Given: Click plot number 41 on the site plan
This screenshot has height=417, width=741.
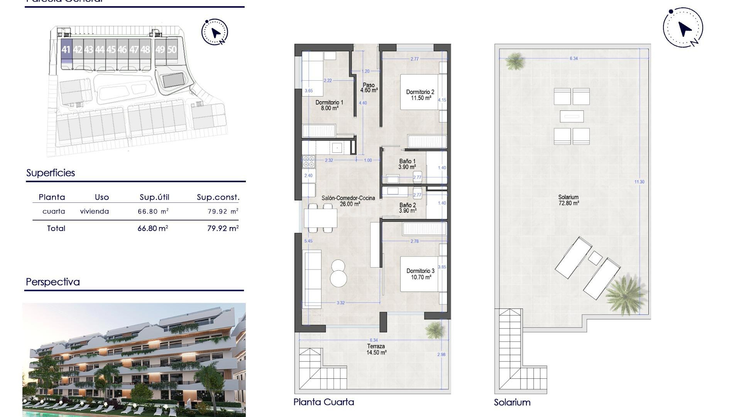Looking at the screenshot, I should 66,50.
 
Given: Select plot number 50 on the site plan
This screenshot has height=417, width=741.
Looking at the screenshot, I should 172,50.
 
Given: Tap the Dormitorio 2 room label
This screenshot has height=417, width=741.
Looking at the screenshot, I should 420,95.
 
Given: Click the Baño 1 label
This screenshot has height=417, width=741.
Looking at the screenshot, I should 407,164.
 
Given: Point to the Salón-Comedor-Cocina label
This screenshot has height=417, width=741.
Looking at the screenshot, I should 348,201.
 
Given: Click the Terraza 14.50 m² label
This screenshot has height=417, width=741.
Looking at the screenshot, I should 376,349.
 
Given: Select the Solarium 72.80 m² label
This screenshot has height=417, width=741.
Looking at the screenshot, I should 568,200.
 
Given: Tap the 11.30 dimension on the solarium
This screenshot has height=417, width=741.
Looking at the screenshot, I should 639,182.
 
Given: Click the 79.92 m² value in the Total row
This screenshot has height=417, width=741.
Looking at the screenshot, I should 223,229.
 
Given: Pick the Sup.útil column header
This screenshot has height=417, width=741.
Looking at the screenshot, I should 154,197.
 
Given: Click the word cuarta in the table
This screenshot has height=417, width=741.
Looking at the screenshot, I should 54,212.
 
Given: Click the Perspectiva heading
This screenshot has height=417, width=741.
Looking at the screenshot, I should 53,282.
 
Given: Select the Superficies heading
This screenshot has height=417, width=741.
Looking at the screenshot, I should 51,173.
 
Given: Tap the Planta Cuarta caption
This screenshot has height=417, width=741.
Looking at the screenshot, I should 323,402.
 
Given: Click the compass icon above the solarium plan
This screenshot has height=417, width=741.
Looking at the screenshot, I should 683,28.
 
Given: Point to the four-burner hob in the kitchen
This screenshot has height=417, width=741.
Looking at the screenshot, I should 308,161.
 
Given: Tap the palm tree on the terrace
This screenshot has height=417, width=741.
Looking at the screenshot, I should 435,329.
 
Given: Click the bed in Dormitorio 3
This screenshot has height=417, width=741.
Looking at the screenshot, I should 420,274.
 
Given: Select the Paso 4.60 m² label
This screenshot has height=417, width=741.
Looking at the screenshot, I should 369,88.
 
